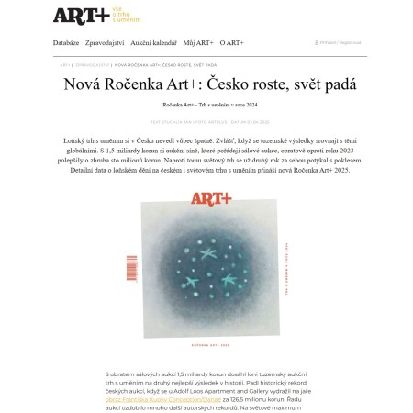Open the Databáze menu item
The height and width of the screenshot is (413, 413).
pyautogui.click(x=65, y=42)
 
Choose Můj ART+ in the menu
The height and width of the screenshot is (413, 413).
pyautogui.click(x=199, y=42)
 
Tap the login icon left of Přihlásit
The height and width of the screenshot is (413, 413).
pyautogui.click(x=316, y=43)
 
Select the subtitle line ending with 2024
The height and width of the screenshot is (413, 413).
pyautogui.click(x=206, y=106)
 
